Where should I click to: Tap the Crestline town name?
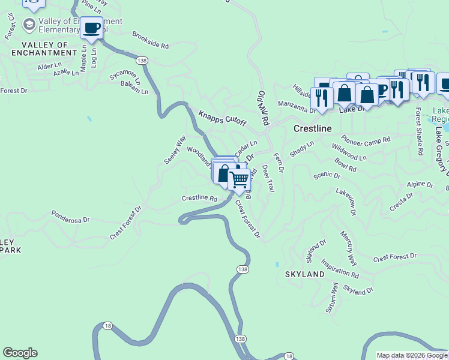click(313, 129)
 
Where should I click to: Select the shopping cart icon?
click(240, 179)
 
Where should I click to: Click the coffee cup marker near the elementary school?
click(92, 28)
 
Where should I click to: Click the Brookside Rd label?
click(151, 40)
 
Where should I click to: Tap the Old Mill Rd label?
click(263, 107)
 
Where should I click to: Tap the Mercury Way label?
click(348, 247)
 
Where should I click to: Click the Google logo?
click(20, 353)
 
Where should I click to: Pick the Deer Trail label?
click(268, 179)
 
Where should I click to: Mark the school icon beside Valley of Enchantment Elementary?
click(28, 25)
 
